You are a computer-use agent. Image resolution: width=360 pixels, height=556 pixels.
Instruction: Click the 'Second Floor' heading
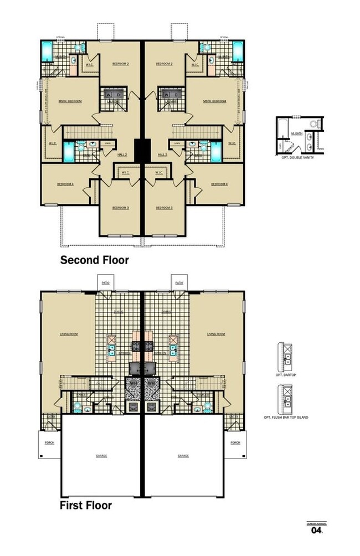94,260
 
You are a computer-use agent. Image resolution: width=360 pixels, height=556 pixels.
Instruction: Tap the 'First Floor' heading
86,505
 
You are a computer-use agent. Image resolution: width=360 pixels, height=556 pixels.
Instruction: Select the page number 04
316,530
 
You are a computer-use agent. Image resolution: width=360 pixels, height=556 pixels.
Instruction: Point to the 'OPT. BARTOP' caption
287,375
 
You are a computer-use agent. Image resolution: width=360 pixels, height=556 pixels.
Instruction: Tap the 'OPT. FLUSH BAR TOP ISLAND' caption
287,416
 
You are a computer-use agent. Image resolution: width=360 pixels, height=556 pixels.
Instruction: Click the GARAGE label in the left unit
101,456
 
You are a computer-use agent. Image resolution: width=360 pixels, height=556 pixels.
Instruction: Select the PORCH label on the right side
235,442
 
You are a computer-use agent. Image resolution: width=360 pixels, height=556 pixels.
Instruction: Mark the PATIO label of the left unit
105,283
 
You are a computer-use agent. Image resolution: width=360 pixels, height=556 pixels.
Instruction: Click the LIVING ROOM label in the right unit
216,334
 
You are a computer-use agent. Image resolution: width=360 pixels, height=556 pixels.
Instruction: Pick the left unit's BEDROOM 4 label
65,184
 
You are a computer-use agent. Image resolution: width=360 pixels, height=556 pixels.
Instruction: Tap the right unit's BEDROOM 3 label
164,208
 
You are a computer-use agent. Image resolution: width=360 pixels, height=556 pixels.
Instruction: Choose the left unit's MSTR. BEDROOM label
70,101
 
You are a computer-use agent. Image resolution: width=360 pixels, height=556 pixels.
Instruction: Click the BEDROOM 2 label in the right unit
164,64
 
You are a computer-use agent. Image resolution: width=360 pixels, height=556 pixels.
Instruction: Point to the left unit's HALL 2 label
121,155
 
